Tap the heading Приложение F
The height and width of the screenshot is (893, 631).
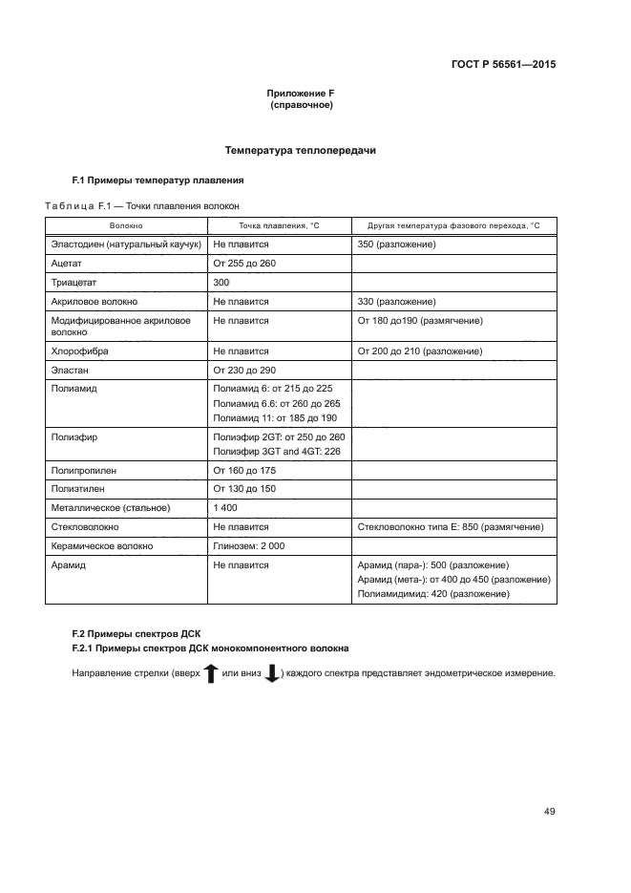(301, 94)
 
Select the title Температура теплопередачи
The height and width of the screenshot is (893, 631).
(301, 150)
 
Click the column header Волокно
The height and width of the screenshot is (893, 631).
(126, 225)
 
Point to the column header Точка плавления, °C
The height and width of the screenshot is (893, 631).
(279, 225)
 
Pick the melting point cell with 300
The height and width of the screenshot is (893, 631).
(221, 283)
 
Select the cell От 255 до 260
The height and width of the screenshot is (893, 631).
(244, 264)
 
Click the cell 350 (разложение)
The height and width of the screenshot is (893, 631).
(397, 245)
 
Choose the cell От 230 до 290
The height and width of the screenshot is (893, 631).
(244, 370)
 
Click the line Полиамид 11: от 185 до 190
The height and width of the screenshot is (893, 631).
(275, 418)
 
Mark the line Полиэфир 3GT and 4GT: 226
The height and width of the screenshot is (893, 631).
(277, 451)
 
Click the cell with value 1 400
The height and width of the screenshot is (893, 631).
(225, 507)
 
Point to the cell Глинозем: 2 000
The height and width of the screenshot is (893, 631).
(249, 545)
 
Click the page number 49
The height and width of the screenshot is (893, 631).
(549, 812)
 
